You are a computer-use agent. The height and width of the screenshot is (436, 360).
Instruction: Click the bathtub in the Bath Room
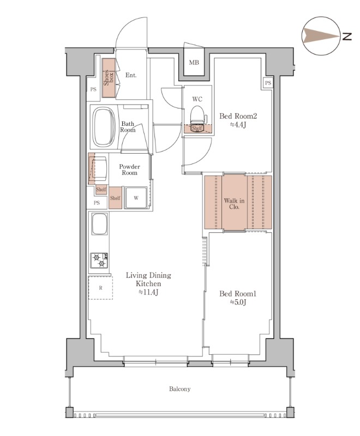click(x=104, y=127)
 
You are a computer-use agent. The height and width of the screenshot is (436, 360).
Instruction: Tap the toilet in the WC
click(x=198, y=114)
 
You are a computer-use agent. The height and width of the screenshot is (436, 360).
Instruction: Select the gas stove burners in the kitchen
click(x=99, y=261)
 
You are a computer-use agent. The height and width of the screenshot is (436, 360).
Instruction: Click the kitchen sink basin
click(x=100, y=224)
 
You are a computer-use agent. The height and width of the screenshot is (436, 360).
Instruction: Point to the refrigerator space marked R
click(x=100, y=288)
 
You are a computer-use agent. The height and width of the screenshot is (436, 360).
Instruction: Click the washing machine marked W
click(x=136, y=198)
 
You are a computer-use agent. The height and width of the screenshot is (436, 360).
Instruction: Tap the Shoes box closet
click(x=109, y=77)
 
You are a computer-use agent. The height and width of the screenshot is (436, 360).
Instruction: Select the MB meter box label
click(x=194, y=63)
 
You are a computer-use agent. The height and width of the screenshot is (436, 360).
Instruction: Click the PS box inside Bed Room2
click(x=268, y=83)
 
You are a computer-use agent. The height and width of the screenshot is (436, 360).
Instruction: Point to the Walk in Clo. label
click(x=234, y=203)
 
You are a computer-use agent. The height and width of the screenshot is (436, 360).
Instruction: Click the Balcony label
click(x=179, y=389)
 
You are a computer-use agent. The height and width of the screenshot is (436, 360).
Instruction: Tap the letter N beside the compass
click(x=347, y=36)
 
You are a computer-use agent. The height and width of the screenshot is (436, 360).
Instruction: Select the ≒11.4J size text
click(x=148, y=292)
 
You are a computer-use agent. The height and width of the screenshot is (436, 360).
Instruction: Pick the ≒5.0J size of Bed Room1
click(x=238, y=302)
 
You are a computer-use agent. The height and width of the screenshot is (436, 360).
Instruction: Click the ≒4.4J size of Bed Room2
click(x=238, y=125)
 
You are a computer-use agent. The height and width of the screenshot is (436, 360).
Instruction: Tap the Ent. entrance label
click(x=131, y=75)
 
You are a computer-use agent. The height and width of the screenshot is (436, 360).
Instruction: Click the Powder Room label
click(x=129, y=169)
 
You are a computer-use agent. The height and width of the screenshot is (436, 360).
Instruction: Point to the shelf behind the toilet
click(x=197, y=129)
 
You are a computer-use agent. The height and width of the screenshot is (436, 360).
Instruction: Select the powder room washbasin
click(x=98, y=168)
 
